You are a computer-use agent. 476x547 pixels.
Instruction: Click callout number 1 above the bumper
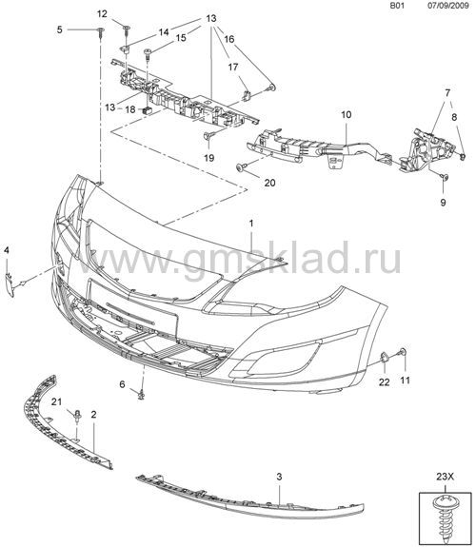tap(251, 224)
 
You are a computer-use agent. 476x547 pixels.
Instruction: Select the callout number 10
tap(347, 114)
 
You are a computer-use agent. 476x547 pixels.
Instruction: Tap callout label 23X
tap(445, 477)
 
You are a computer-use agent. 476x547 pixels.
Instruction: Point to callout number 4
tap(7, 250)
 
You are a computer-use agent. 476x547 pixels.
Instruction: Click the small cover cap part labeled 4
tap(10, 285)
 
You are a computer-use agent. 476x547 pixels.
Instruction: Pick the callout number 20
tap(269, 183)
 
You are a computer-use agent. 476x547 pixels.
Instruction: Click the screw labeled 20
tap(242, 167)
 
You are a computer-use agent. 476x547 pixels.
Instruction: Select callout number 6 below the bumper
tap(122, 384)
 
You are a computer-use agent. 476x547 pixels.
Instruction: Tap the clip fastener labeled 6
tap(141, 395)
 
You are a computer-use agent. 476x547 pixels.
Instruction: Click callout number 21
tap(56, 401)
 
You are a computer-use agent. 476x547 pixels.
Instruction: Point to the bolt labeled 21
tap(77, 417)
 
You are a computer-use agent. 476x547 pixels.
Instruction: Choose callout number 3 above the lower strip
tap(279, 477)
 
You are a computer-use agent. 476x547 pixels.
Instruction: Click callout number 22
tap(384, 382)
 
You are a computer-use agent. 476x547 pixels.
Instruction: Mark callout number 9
tap(443, 203)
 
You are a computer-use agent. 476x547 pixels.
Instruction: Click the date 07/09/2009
tap(448, 6)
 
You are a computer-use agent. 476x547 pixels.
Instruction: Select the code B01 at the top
tap(397, 6)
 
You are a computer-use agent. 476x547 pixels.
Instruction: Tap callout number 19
tap(208, 158)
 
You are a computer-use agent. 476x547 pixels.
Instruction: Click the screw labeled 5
tap(101, 32)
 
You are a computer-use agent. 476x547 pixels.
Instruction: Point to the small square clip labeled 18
tap(146, 110)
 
